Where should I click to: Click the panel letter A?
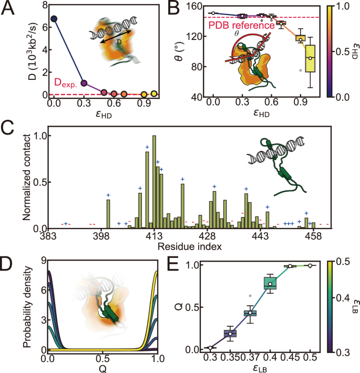click(x=8, y=7)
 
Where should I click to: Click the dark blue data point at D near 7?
click(x=53, y=19)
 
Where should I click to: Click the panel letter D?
click(x=8, y=262)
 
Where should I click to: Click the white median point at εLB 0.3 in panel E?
click(x=210, y=348)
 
